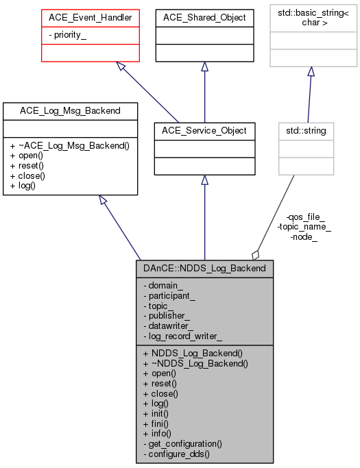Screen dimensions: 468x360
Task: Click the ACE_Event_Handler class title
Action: pos(81,17)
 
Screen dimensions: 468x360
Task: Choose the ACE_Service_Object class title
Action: pos(204,130)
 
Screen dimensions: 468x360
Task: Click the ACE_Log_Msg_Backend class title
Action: pos(71,110)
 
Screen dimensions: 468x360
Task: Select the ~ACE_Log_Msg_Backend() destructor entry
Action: pos(75,145)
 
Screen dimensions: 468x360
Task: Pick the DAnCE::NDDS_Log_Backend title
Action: pos(204,267)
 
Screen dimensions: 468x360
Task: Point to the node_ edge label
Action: pos(304,237)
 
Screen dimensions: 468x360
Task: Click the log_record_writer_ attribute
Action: pos(182,336)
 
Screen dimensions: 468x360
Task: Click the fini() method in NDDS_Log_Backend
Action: pos(157,423)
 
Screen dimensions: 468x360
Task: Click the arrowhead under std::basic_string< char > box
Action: pos(311,72)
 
